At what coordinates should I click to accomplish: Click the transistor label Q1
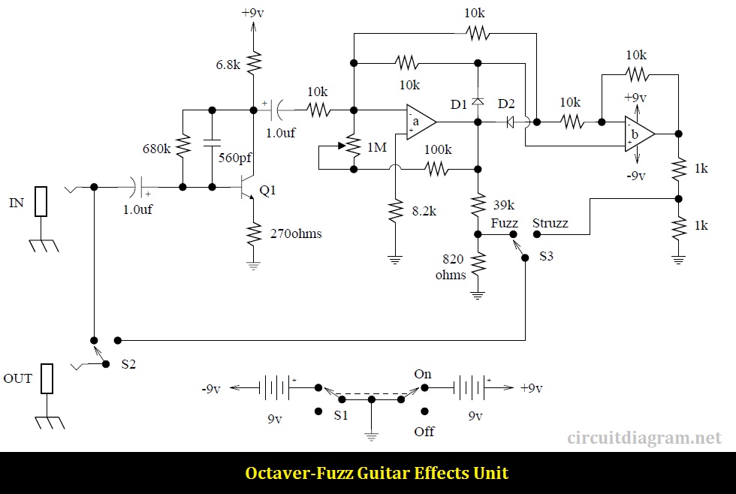(x=268, y=191)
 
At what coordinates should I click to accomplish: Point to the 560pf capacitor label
(x=234, y=158)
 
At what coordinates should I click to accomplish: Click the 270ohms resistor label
(x=296, y=233)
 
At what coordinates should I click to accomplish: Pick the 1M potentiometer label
(x=376, y=147)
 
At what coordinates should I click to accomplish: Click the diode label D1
(x=459, y=103)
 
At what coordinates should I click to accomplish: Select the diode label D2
(x=506, y=103)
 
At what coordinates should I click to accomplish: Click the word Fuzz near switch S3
(x=505, y=223)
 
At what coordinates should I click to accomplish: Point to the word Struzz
(x=550, y=223)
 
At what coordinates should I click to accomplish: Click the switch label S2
(x=129, y=364)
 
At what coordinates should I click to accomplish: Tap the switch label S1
(x=340, y=415)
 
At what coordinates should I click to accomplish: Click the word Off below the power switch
(x=424, y=432)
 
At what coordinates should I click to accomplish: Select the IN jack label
(x=17, y=203)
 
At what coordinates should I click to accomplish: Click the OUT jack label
(x=18, y=378)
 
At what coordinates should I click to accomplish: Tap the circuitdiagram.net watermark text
(x=644, y=438)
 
